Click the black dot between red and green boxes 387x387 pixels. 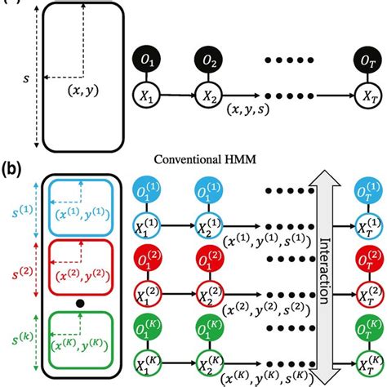pyautogui.click(x=78, y=304)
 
